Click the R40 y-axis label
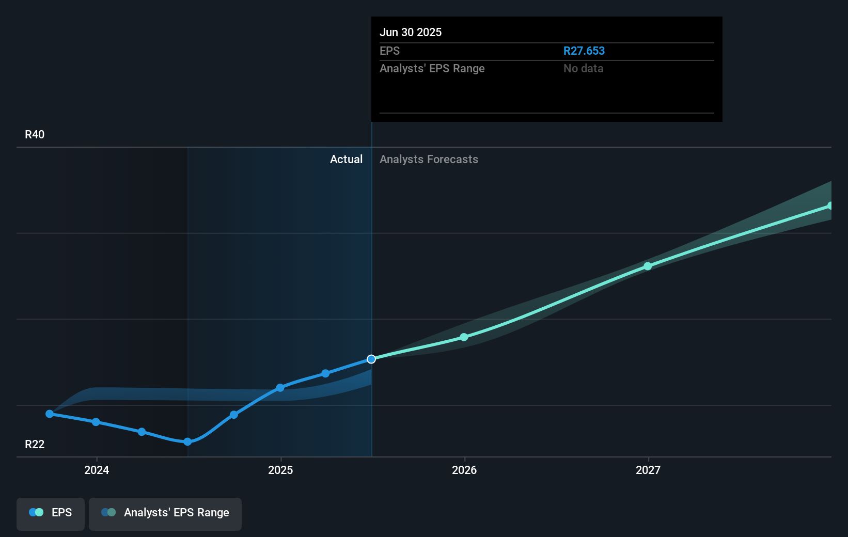(35, 135)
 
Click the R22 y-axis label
(35, 445)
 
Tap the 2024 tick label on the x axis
(97, 470)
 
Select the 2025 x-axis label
(280, 470)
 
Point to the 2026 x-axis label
(464, 470)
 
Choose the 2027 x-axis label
(648, 470)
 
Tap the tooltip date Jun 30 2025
(411, 32)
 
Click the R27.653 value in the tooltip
(584, 51)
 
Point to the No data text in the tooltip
(583, 69)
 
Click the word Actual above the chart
(346, 160)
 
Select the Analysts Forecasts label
(429, 160)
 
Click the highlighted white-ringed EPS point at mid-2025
(371, 359)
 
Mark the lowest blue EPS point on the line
(187, 441)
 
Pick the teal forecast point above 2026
(464, 337)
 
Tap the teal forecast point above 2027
(648, 266)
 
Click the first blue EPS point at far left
(50, 414)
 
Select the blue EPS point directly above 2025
(280, 388)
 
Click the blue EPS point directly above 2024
(96, 422)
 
